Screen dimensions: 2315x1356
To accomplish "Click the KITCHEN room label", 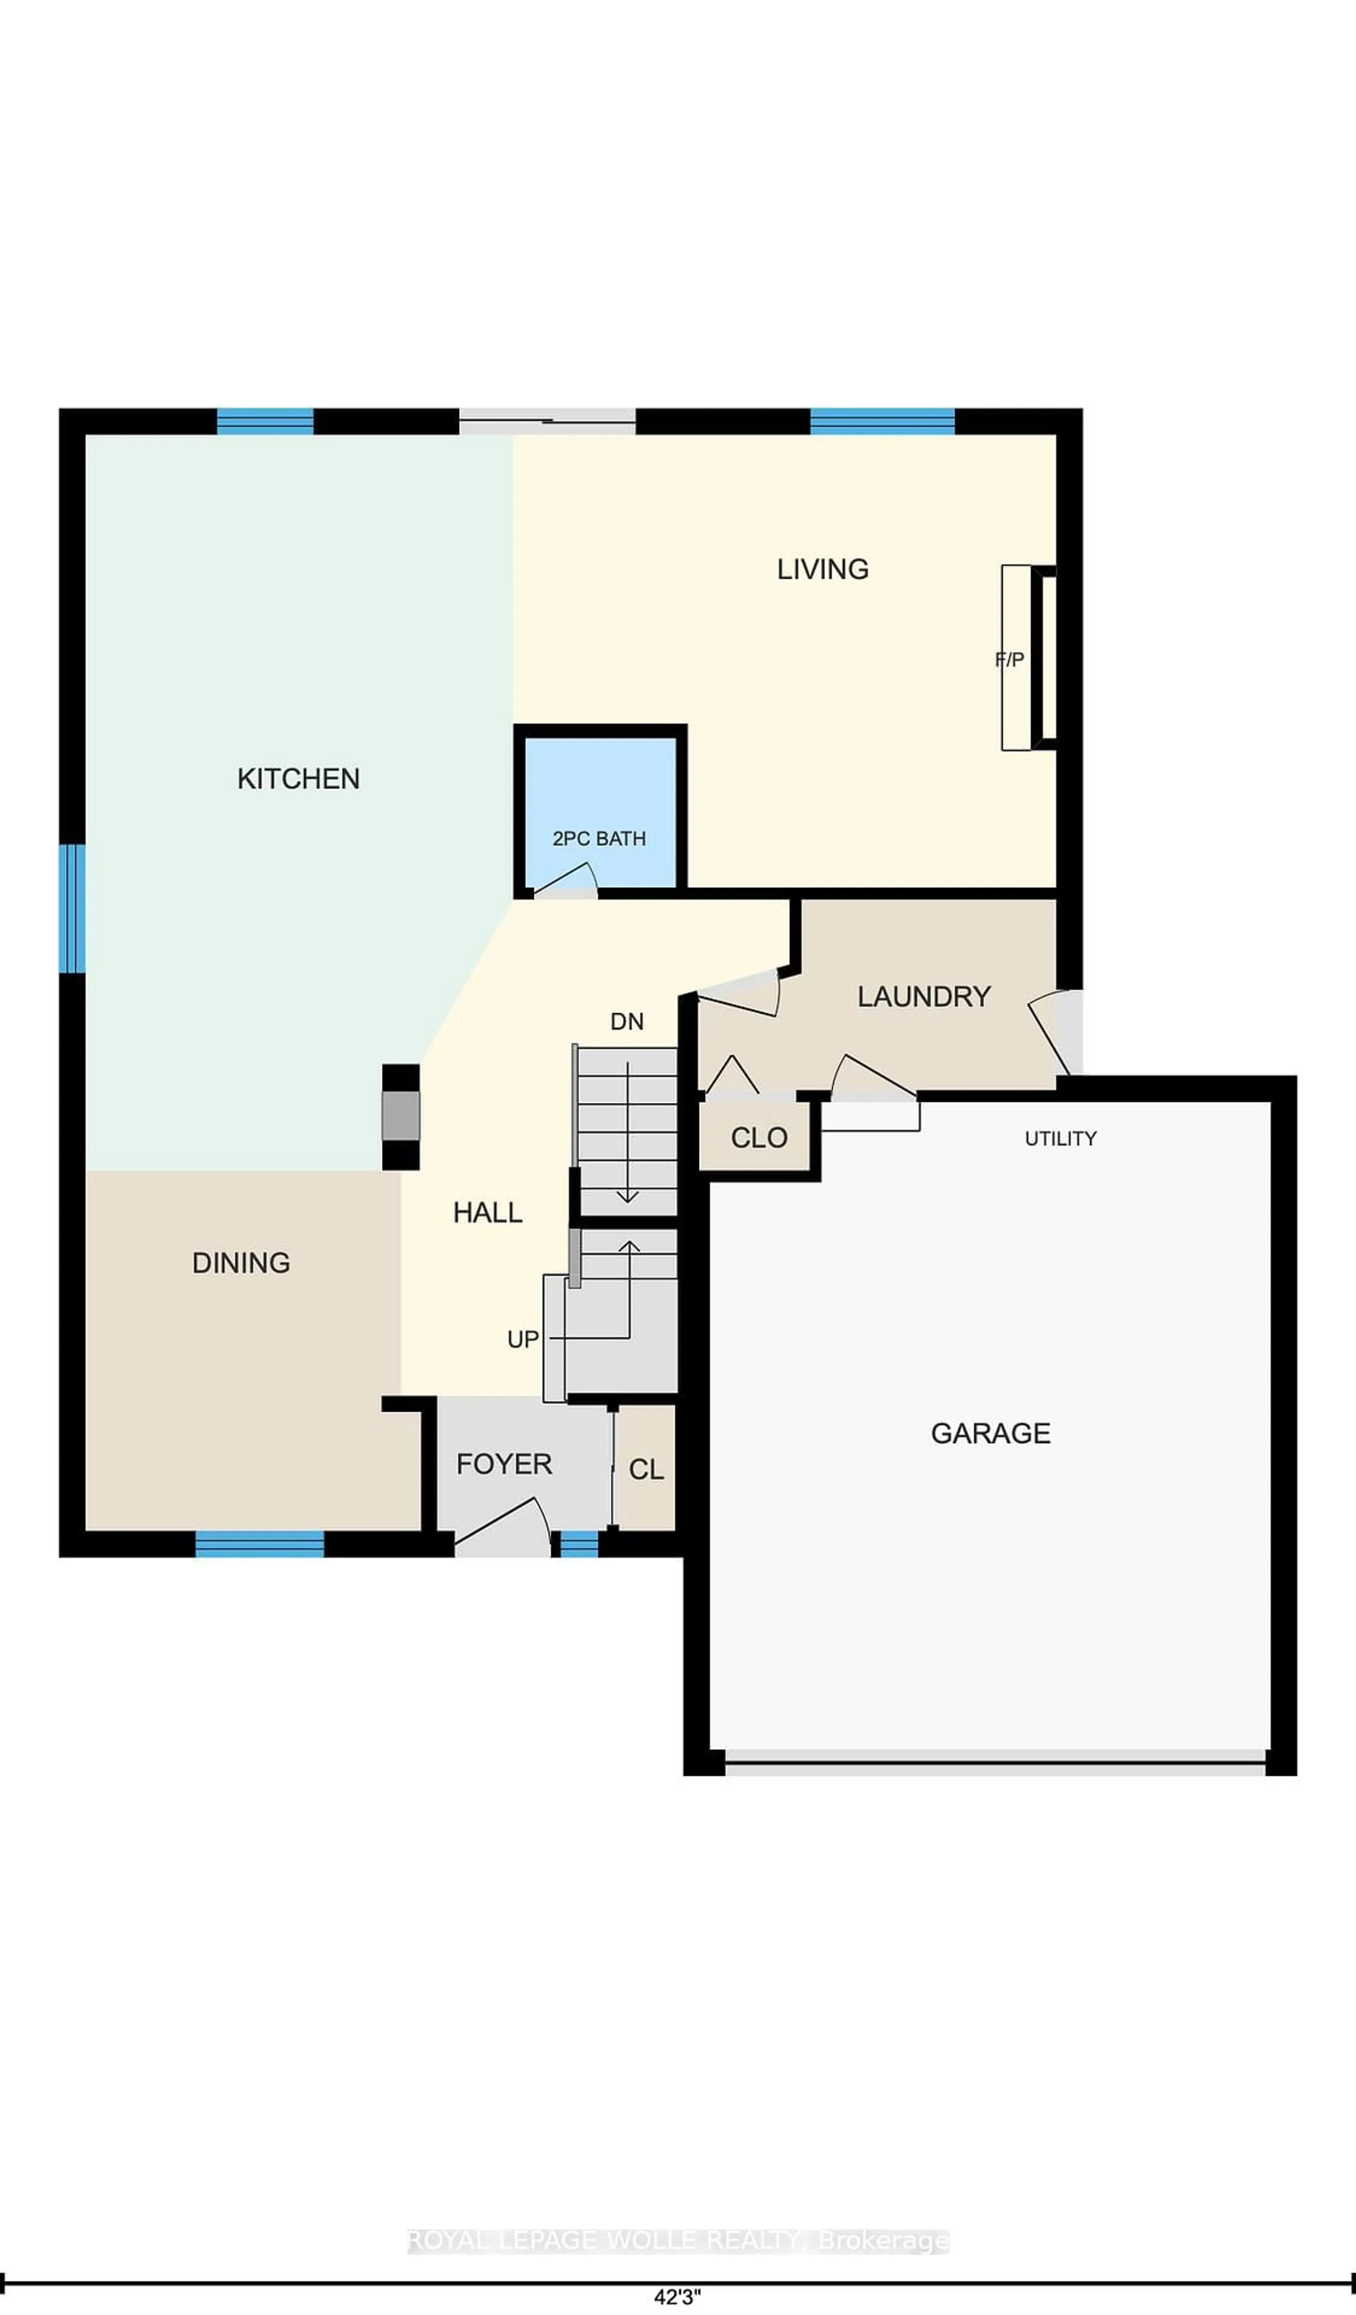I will pyautogui.click(x=299, y=779).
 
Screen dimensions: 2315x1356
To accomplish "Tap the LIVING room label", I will pyautogui.click(x=822, y=569).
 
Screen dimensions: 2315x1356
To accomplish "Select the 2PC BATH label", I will pyautogui.click(x=599, y=839).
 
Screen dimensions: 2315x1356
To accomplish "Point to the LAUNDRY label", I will pyautogui.click(x=923, y=997).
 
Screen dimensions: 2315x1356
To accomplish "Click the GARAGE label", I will pyautogui.click(x=991, y=1433).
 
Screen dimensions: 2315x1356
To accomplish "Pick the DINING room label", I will pyautogui.click(x=241, y=1263).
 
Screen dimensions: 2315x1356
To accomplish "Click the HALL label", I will pyautogui.click(x=488, y=1213).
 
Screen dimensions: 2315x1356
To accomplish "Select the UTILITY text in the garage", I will pyautogui.click(x=1060, y=1138).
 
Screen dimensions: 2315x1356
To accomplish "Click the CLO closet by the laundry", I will pyautogui.click(x=759, y=1138).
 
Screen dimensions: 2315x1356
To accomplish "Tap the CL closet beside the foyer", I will pyautogui.click(x=646, y=1470).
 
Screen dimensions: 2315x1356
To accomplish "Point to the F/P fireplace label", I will pyautogui.click(x=1010, y=659).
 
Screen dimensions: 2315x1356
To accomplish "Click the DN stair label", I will pyautogui.click(x=626, y=1022).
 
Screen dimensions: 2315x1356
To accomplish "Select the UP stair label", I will pyautogui.click(x=523, y=1339).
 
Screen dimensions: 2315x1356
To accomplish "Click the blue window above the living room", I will pyautogui.click(x=882, y=422).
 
